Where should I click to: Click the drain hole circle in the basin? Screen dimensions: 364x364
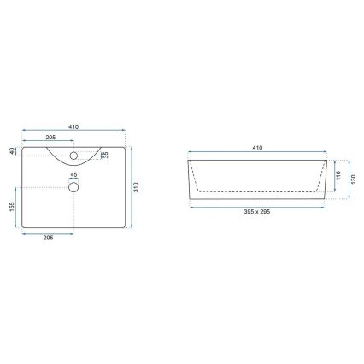click(73, 185)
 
